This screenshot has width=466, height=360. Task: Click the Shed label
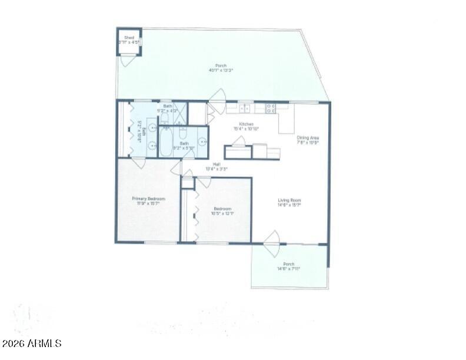[x=129, y=38]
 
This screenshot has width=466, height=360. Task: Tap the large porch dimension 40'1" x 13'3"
[x=221, y=70]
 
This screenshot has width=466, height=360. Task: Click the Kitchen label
[x=246, y=124]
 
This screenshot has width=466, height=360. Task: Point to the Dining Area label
[x=308, y=137]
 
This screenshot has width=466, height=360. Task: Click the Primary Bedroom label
[x=148, y=199]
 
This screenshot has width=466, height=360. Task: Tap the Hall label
[x=217, y=164]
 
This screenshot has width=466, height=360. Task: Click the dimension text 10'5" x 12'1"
[x=222, y=214]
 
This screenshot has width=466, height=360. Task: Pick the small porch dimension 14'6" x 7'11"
[x=289, y=269]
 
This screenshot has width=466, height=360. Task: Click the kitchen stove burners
[x=271, y=108]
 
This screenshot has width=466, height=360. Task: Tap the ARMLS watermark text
[x=32, y=344]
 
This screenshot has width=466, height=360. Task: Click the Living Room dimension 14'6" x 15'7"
[x=289, y=205]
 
